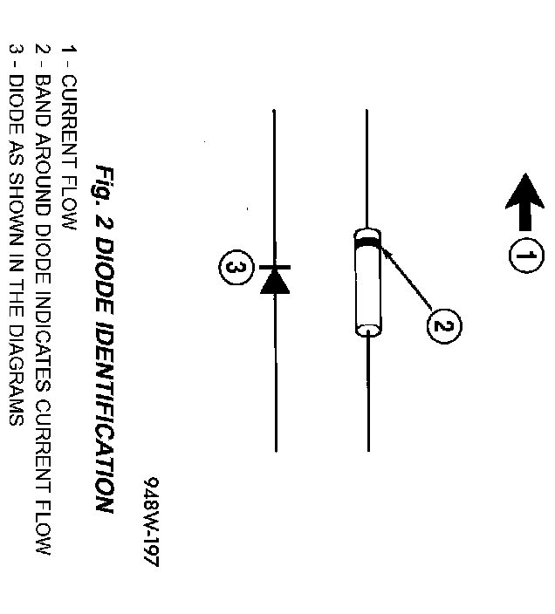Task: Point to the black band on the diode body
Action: click(x=367, y=240)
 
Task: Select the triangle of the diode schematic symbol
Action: click(x=275, y=281)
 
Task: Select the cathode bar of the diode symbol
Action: click(x=275, y=266)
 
